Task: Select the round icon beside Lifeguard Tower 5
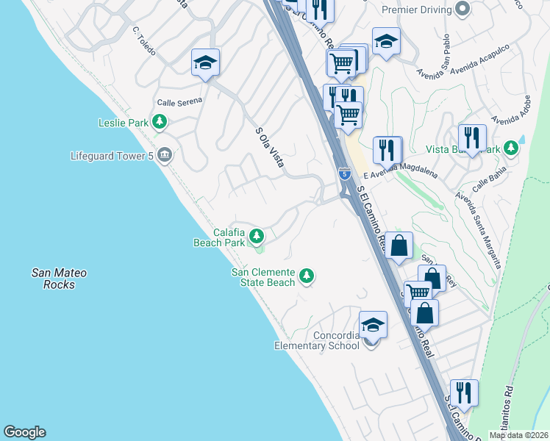coord(165,155)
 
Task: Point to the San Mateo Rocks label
coord(59,279)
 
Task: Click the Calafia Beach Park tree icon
coord(257,236)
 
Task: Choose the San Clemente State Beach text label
coord(263,277)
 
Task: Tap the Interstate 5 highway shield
coord(345,173)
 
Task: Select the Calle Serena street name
coord(179,102)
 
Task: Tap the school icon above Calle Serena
coord(206,63)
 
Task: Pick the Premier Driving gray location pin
coord(463,10)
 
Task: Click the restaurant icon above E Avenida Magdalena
coord(387,150)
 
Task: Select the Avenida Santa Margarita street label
coord(479,229)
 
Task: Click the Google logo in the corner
coord(24,432)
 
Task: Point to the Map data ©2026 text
coord(518,435)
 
